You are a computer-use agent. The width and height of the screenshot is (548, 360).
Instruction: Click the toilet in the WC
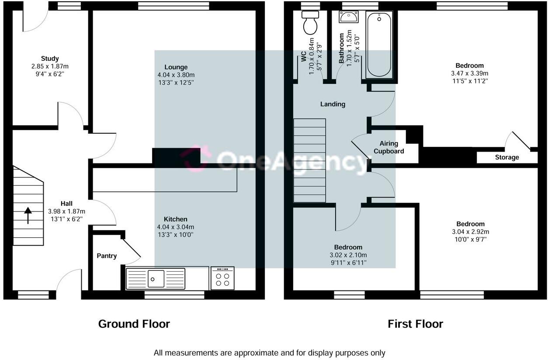click(310, 23)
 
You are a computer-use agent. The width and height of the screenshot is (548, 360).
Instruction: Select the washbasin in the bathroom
click(349, 17)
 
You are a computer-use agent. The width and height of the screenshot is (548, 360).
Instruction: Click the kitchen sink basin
click(156, 279)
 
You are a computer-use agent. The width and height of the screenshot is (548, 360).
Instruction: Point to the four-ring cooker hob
click(222, 278)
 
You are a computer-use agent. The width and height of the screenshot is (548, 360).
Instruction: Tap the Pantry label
click(107, 256)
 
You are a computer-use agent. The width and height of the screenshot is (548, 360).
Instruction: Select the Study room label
click(50, 59)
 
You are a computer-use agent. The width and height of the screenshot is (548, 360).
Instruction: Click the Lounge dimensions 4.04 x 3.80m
click(176, 75)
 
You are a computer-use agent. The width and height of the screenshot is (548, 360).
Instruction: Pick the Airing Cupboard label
click(389, 147)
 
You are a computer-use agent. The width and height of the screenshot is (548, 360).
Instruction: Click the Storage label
click(507, 157)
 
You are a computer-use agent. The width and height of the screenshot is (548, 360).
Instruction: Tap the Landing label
click(333, 104)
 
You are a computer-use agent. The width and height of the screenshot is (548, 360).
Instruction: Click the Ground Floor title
click(134, 324)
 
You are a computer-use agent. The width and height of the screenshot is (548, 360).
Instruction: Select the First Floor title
click(416, 324)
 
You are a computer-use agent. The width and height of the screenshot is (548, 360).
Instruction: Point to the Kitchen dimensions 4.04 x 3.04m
click(176, 227)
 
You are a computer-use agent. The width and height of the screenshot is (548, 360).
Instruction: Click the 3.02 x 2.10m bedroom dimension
click(348, 255)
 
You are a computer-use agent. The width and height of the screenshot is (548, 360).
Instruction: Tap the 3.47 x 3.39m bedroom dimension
click(470, 73)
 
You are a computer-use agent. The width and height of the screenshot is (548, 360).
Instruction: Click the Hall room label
click(66, 204)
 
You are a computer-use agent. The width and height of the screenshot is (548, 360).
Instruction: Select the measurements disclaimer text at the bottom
click(269, 353)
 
